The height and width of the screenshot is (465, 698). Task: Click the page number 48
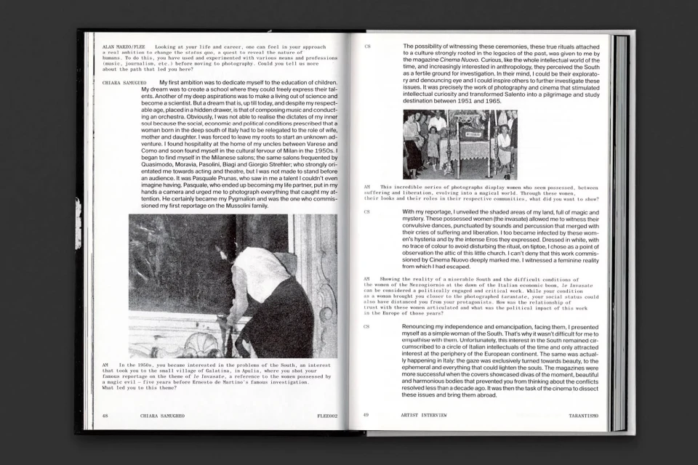105,416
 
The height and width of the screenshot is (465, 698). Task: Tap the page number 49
366,415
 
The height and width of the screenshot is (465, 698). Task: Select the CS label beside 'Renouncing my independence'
367,327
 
